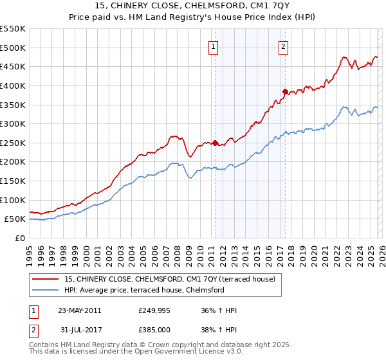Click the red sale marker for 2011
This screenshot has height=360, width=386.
click(215, 143)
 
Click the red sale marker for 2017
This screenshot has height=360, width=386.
click(285, 91)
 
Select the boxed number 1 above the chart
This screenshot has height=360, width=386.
click(213, 46)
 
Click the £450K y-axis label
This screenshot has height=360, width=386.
click(13, 66)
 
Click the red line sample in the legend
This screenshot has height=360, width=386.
click(46, 279)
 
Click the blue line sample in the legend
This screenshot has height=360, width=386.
click(46, 290)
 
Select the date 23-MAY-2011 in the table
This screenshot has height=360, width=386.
click(80, 310)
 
